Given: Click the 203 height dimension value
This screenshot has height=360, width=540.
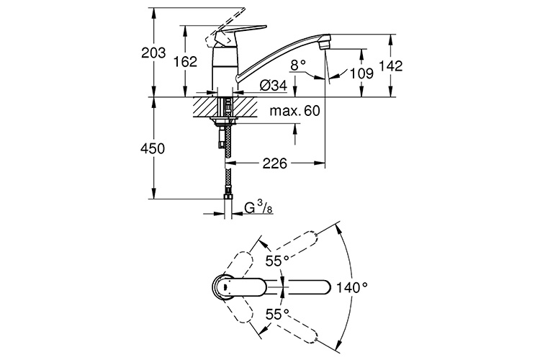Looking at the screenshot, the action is click(x=153, y=53).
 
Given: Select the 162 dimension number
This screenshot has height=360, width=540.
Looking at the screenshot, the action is click(x=185, y=62).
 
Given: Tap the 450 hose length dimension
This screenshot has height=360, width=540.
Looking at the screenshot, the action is click(x=153, y=148).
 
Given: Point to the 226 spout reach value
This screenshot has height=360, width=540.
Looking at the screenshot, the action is click(x=275, y=163).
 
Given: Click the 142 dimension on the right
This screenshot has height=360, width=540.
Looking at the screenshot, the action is click(x=390, y=66).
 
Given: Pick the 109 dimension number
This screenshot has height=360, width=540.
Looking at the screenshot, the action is click(x=361, y=73).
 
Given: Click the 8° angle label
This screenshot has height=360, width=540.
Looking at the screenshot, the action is click(x=298, y=64).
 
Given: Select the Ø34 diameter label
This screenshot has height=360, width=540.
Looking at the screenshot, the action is click(x=274, y=86).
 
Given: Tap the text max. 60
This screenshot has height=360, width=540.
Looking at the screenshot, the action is click(x=294, y=111).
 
